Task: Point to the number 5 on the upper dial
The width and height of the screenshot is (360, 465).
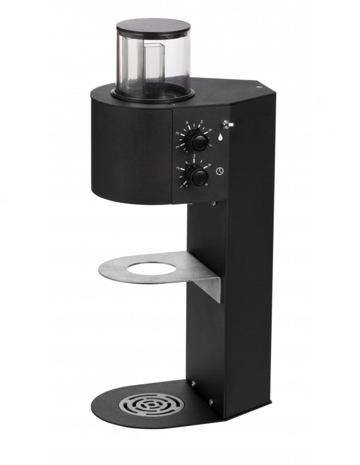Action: click(201, 122)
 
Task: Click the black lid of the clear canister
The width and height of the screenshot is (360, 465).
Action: click(153, 26)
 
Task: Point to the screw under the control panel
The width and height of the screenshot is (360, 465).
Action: click(213, 203)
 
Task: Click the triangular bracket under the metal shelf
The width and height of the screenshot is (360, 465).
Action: click(209, 288)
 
